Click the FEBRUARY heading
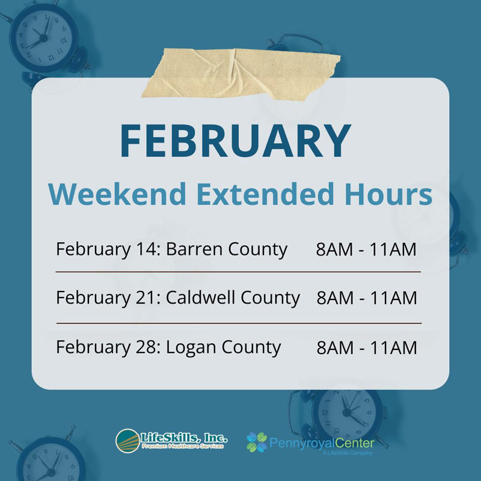[235, 141]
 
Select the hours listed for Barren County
[366, 249]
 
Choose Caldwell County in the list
[232, 297]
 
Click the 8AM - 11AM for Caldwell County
[366, 297]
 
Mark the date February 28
[105, 347]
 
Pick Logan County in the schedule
[223, 347]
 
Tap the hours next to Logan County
[366, 347]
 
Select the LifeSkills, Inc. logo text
[184, 437]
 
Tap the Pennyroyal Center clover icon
[257, 442]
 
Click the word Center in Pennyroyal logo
[354, 444]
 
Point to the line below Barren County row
[238, 272]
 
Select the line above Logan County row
[238, 323]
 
